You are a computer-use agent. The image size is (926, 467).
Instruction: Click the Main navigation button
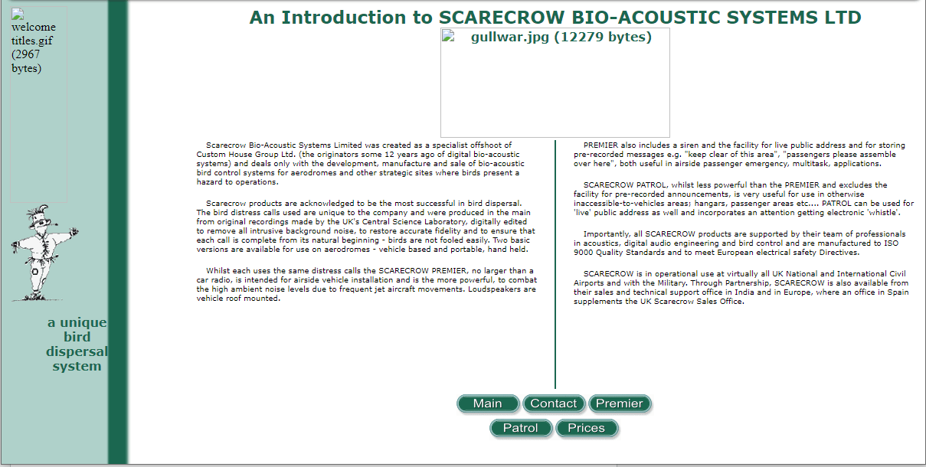click(488, 403)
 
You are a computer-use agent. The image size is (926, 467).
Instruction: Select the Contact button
click(554, 403)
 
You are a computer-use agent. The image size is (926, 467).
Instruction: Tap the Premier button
click(620, 403)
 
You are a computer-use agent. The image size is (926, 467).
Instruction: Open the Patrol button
click(521, 428)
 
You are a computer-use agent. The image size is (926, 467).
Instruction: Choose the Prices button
click(587, 428)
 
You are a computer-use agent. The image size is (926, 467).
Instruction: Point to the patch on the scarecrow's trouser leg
click(35, 272)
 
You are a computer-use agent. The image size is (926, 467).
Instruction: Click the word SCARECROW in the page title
click(502, 18)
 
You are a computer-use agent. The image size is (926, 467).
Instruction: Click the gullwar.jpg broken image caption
click(561, 37)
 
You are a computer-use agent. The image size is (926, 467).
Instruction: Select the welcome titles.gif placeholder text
click(33, 47)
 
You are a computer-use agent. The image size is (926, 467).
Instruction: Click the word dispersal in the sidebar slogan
click(77, 351)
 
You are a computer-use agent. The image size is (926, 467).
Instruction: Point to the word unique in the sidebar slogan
click(83, 322)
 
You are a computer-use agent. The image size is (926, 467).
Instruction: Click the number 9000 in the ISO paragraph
click(583, 253)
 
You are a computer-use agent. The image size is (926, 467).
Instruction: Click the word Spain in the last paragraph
click(898, 292)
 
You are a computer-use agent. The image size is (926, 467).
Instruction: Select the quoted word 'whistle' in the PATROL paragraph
click(882, 213)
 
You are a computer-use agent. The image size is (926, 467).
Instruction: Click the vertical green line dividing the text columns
click(555, 264)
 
